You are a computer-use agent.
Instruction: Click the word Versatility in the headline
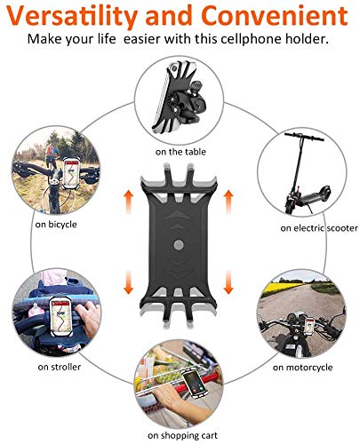pyautogui.click(x=72, y=16)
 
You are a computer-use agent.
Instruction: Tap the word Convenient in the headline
pyautogui.click(x=276, y=15)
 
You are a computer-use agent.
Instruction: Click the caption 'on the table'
pyautogui.click(x=180, y=152)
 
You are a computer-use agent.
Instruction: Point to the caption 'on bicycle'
pyautogui.click(x=56, y=225)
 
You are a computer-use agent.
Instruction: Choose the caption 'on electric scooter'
pyautogui.click(x=319, y=228)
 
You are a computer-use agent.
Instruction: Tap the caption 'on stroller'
pyautogui.click(x=60, y=367)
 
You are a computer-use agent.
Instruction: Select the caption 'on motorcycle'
pyautogui.click(x=302, y=368)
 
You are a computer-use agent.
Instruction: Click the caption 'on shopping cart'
pyautogui.click(x=182, y=435)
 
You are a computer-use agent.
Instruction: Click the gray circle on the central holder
pyautogui.click(x=179, y=245)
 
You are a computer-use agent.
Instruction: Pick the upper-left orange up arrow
pyautogui.click(x=128, y=202)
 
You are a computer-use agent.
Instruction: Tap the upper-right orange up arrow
pyautogui.click(x=228, y=202)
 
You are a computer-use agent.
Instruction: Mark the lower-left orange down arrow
pyautogui.click(x=128, y=282)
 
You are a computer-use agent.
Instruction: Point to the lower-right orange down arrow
pyautogui.click(x=228, y=282)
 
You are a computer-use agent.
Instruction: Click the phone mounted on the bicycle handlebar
pyautogui.click(x=71, y=174)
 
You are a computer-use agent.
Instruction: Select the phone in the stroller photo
pyautogui.click(x=61, y=316)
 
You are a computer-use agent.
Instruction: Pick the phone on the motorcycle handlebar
pyautogui.click(x=310, y=325)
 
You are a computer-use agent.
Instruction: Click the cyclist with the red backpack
pyautogui.click(x=51, y=155)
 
